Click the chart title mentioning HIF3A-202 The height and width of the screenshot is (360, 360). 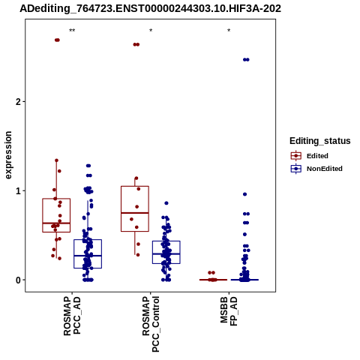click(151, 8)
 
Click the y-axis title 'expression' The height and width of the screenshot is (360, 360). click(8, 155)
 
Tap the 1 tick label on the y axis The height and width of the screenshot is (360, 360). click(18, 191)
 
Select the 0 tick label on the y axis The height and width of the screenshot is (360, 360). click(18, 280)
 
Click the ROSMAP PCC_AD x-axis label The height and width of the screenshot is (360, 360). click(72, 316)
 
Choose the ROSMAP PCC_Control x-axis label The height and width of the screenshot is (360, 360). click(151, 324)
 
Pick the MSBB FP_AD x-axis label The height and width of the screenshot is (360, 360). click(229, 311)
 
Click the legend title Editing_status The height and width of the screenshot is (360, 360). click(320, 141)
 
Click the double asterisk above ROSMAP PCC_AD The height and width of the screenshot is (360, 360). click(72, 31)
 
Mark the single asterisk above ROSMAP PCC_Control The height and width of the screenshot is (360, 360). click(151, 31)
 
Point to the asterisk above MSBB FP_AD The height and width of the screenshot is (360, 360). click(229, 31)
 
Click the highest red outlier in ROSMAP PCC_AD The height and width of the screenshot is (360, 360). click(57, 40)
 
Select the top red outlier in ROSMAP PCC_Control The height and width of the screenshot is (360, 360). click(136, 44)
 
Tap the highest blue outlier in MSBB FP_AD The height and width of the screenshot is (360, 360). click(246, 59)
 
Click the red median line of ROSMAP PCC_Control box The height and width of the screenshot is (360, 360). click(135, 213)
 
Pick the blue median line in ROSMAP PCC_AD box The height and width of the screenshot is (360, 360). click(88, 256)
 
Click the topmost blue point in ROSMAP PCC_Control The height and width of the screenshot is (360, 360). click(166, 203)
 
